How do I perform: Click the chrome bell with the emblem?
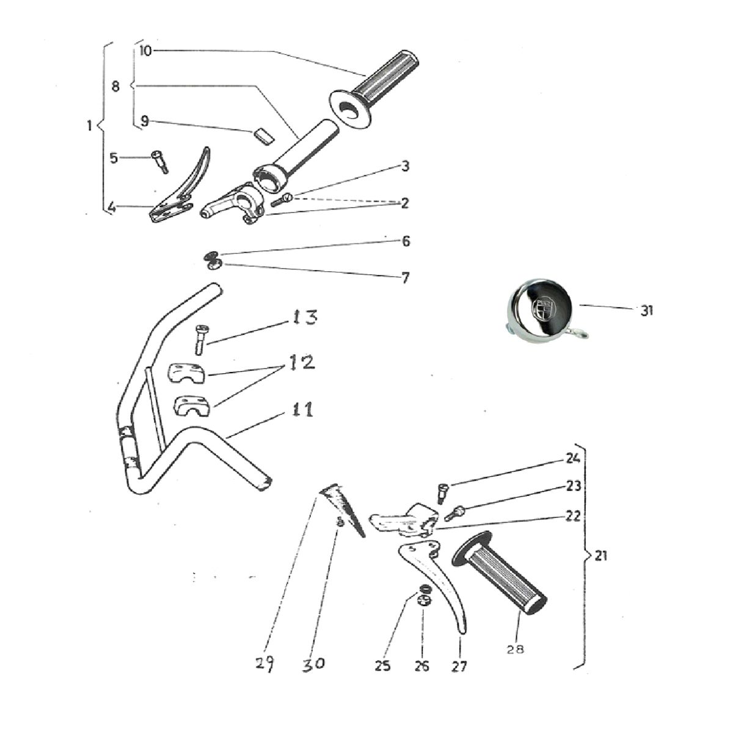tap(544, 310)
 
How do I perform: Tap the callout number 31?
tap(647, 311)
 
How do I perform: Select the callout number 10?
tap(145, 51)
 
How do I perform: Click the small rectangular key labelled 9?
tap(264, 136)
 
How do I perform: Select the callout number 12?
tap(302, 362)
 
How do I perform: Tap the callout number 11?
tap(303, 410)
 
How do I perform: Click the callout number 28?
tap(516, 649)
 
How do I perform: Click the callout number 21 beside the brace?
tap(600, 556)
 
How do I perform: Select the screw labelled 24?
tap(443, 494)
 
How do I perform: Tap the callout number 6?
tap(406, 241)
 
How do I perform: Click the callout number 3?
tap(406, 166)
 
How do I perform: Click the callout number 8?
tap(115, 87)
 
